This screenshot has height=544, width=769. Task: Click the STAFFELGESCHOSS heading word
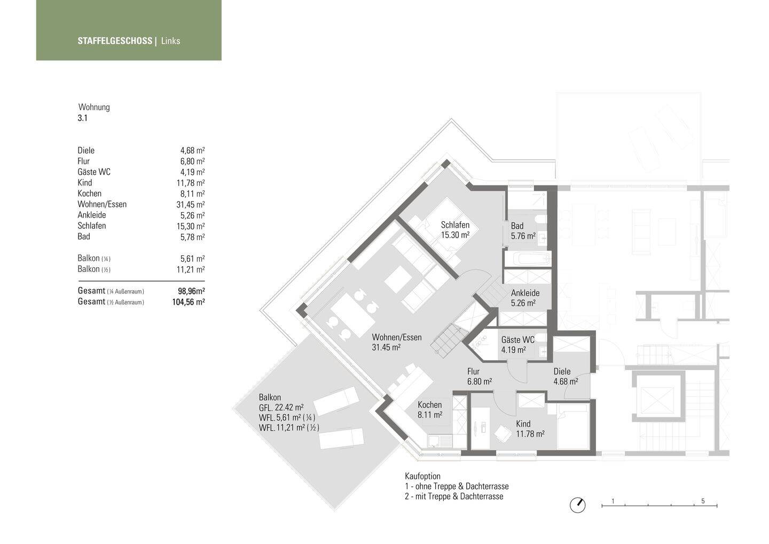click(x=115, y=41)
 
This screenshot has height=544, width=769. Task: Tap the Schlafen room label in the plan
click(x=455, y=225)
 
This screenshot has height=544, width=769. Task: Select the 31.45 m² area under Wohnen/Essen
click(x=386, y=347)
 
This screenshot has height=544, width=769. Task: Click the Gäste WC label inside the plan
click(x=517, y=340)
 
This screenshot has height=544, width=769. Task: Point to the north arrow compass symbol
click(x=577, y=505)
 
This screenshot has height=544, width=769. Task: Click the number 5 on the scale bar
click(x=703, y=501)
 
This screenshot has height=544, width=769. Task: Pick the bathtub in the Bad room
click(x=527, y=259)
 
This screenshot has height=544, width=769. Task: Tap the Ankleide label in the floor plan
click(x=525, y=293)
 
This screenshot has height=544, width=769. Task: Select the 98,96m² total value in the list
click(x=191, y=291)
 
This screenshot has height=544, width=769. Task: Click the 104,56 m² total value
click(x=189, y=302)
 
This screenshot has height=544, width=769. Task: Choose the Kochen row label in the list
click(x=89, y=193)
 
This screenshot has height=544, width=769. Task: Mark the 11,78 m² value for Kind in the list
click(x=191, y=183)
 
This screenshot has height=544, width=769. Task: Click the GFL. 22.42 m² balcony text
click(x=281, y=407)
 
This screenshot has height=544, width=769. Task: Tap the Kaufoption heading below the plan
click(x=422, y=476)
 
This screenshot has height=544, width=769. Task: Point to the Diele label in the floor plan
click(x=562, y=371)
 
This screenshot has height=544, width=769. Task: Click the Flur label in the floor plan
click(x=473, y=371)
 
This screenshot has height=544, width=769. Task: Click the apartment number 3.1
click(x=82, y=118)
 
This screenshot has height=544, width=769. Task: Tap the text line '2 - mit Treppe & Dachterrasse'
click(x=454, y=496)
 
